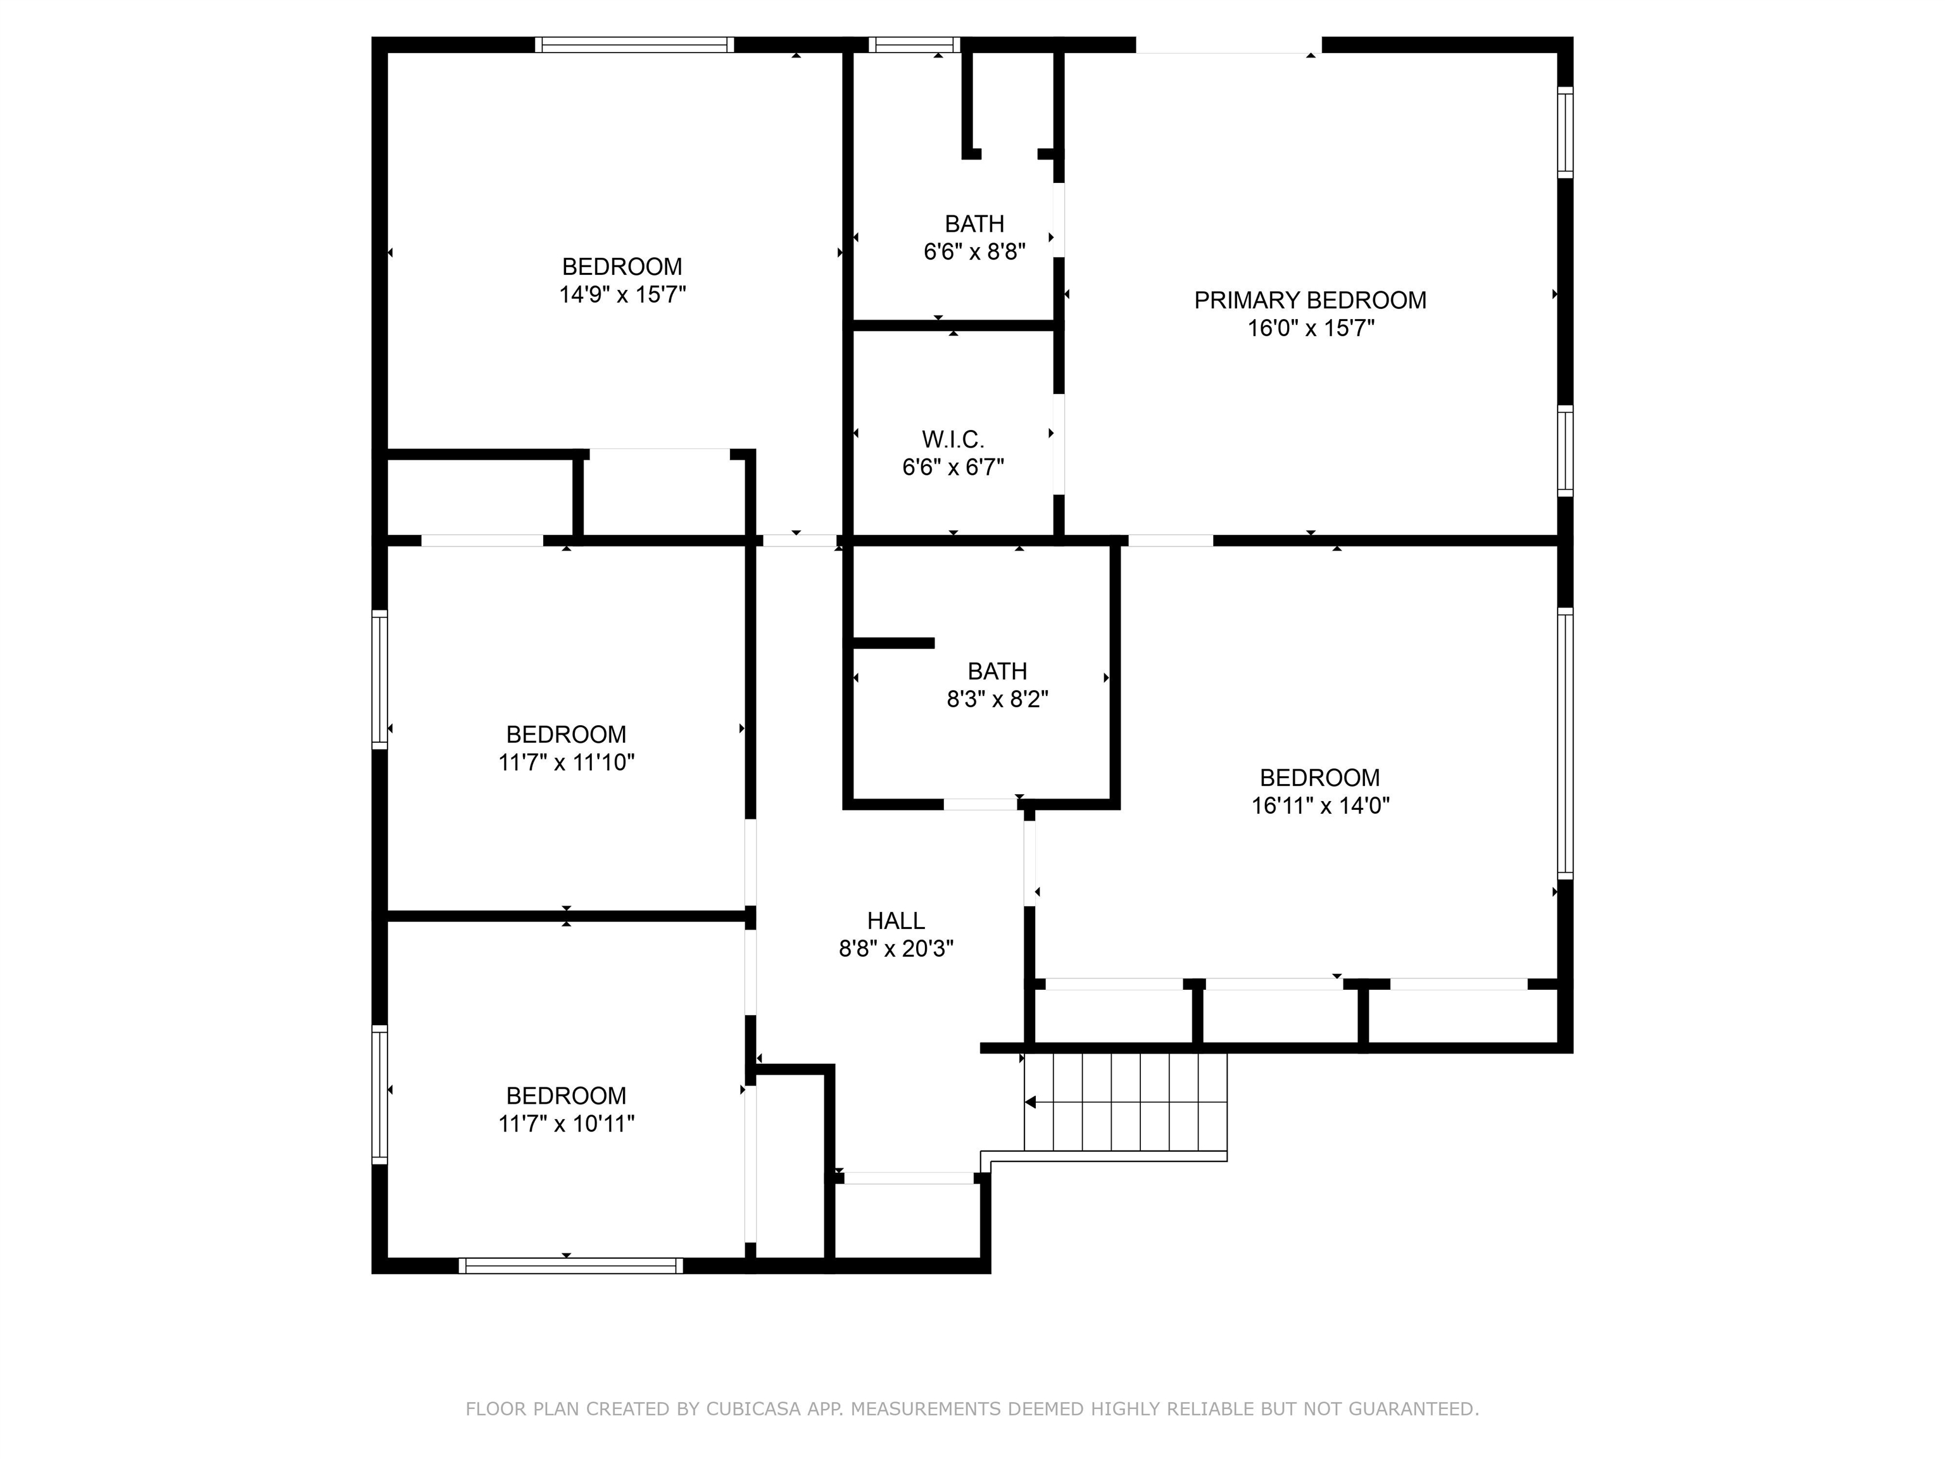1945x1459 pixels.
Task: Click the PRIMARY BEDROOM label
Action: click(x=1309, y=301)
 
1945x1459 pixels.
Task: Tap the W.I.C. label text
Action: click(x=952, y=439)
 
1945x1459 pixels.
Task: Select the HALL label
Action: click(x=895, y=921)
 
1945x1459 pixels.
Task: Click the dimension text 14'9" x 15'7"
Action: click(x=622, y=294)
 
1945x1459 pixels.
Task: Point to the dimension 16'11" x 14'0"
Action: click(x=1320, y=805)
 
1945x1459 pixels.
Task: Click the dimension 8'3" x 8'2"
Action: click(x=997, y=699)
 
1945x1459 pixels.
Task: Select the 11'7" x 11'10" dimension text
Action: click(x=566, y=762)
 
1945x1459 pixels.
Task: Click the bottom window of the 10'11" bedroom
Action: click(x=570, y=1265)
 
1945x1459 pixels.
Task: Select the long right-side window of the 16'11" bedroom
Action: click(x=1564, y=743)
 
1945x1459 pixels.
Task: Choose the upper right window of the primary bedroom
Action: click(x=1564, y=132)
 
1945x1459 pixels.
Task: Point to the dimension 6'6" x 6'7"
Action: click(x=952, y=467)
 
